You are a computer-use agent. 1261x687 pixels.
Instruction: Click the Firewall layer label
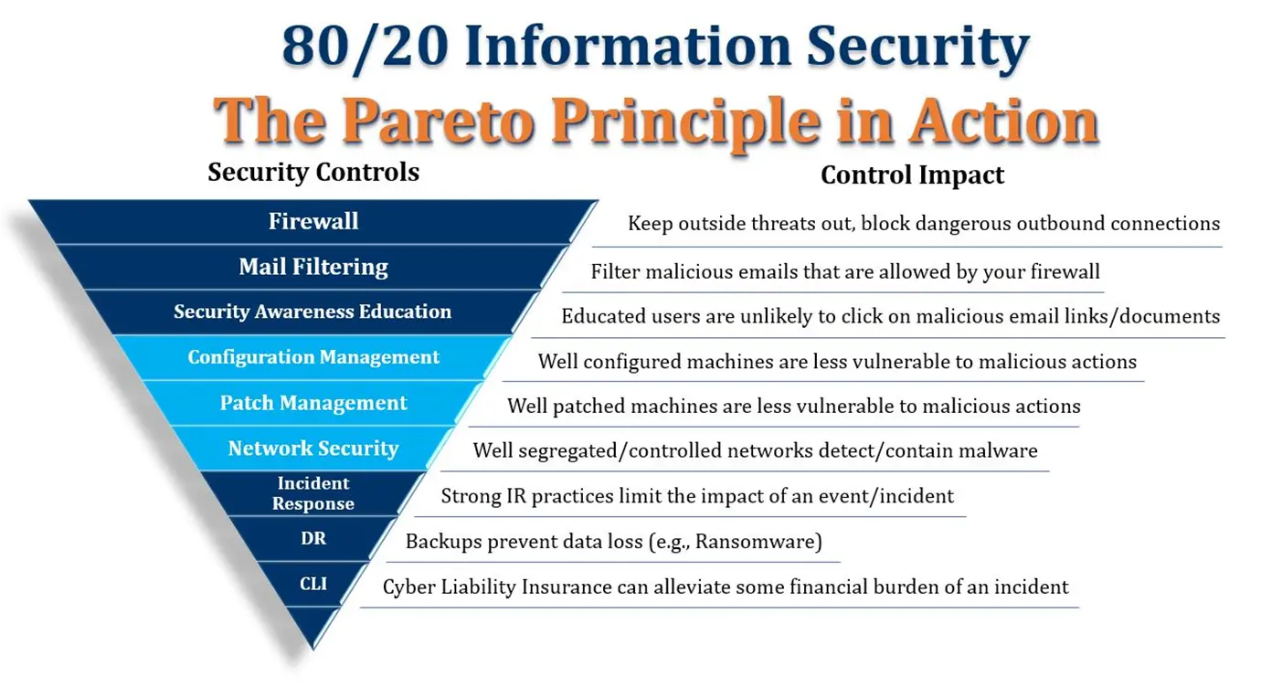click(x=313, y=221)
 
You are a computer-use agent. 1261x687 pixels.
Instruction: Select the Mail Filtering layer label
click(x=313, y=267)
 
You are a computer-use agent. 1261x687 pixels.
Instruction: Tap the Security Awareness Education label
click(x=313, y=312)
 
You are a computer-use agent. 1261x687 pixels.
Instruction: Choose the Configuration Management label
click(x=313, y=357)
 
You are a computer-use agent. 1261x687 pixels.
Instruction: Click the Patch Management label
click(x=313, y=403)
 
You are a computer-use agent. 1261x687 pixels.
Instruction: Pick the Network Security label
click(x=313, y=449)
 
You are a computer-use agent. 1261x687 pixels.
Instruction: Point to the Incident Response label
click(x=313, y=493)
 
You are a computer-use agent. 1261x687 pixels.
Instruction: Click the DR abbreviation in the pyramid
click(x=313, y=538)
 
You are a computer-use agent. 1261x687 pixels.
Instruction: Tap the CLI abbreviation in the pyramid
click(x=313, y=584)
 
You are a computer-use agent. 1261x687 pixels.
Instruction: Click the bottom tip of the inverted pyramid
click(x=313, y=650)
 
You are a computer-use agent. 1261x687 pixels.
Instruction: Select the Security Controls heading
click(x=313, y=172)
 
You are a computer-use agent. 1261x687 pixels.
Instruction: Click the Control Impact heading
click(x=912, y=175)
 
